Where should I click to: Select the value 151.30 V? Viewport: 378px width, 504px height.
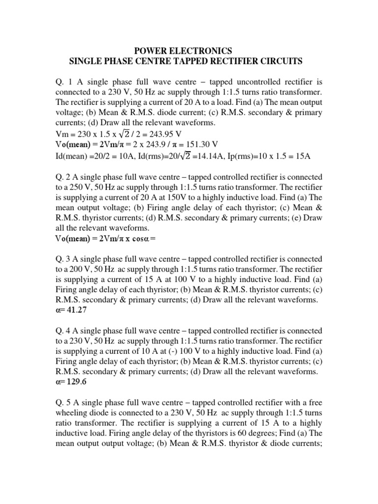(199, 144)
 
